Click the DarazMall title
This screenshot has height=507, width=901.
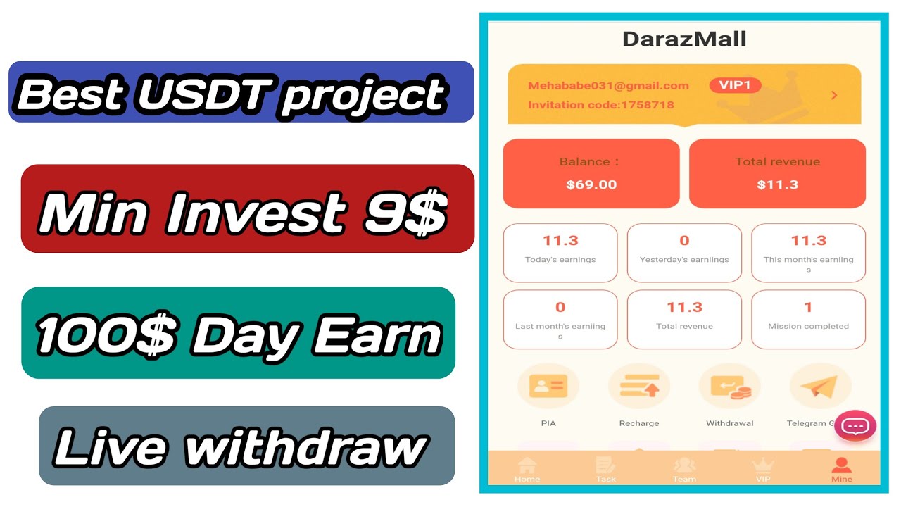click(x=684, y=39)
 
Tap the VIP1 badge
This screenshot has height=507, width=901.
click(x=735, y=85)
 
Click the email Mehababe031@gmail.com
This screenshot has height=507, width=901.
click(x=608, y=86)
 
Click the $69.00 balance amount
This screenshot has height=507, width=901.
click(x=591, y=184)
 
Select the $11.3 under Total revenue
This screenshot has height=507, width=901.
click(x=777, y=184)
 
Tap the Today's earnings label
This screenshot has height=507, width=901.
click(x=560, y=260)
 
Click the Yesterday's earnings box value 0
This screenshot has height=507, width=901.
click(x=684, y=241)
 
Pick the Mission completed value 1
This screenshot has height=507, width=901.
click(x=808, y=307)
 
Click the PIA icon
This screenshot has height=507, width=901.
click(x=548, y=387)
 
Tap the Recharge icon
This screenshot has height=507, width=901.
click(x=638, y=387)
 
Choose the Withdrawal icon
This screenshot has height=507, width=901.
click(x=730, y=387)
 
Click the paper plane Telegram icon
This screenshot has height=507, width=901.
click(x=820, y=387)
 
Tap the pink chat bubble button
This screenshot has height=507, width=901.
click(x=855, y=426)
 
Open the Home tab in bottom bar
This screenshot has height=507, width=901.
click(x=527, y=469)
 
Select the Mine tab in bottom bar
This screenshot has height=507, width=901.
click(x=841, y=469)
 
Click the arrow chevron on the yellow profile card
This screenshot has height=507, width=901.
click(x=834, y=95)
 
